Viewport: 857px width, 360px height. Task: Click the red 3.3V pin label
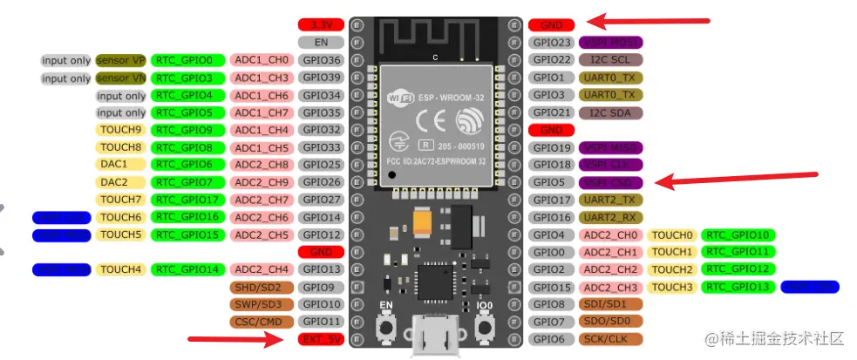321,25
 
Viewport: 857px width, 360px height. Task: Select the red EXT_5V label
321,339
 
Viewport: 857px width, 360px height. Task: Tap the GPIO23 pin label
553,43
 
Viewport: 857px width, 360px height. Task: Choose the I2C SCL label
610,60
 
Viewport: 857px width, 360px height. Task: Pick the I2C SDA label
610,112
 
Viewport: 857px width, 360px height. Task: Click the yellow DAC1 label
113,164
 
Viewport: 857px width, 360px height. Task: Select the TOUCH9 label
120,130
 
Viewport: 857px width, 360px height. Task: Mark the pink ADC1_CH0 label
261,60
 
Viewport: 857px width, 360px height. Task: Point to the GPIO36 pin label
321,60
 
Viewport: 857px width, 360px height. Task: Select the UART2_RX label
610,217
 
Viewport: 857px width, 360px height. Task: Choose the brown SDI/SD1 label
610,304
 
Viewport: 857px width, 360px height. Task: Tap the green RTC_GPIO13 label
738,287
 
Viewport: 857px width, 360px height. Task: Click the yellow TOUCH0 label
671,234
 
